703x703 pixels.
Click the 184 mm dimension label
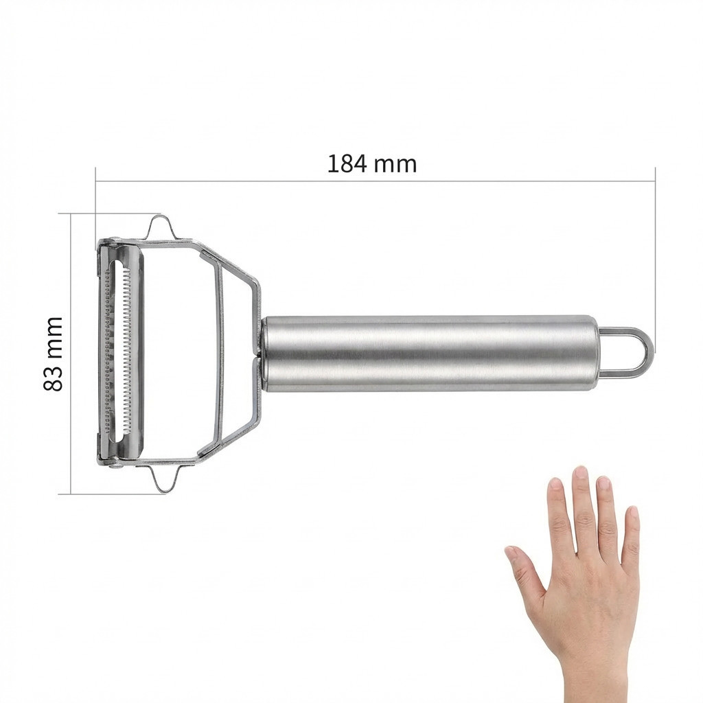(x=372, y=164)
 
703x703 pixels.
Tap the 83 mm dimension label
(x=53, y=354)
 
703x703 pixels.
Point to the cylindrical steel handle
(x=430, y=354)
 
